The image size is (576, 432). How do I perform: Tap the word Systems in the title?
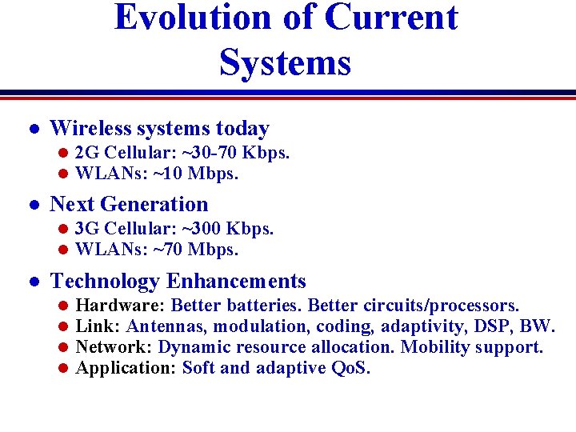click(x=285, y=62)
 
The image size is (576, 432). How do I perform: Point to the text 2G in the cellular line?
click(x=87, y=152)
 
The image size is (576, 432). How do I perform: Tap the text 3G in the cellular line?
click(x=87, y=229)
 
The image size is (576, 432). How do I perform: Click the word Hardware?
click(x=119, y=306)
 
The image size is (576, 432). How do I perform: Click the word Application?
click(x=126, y=368)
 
